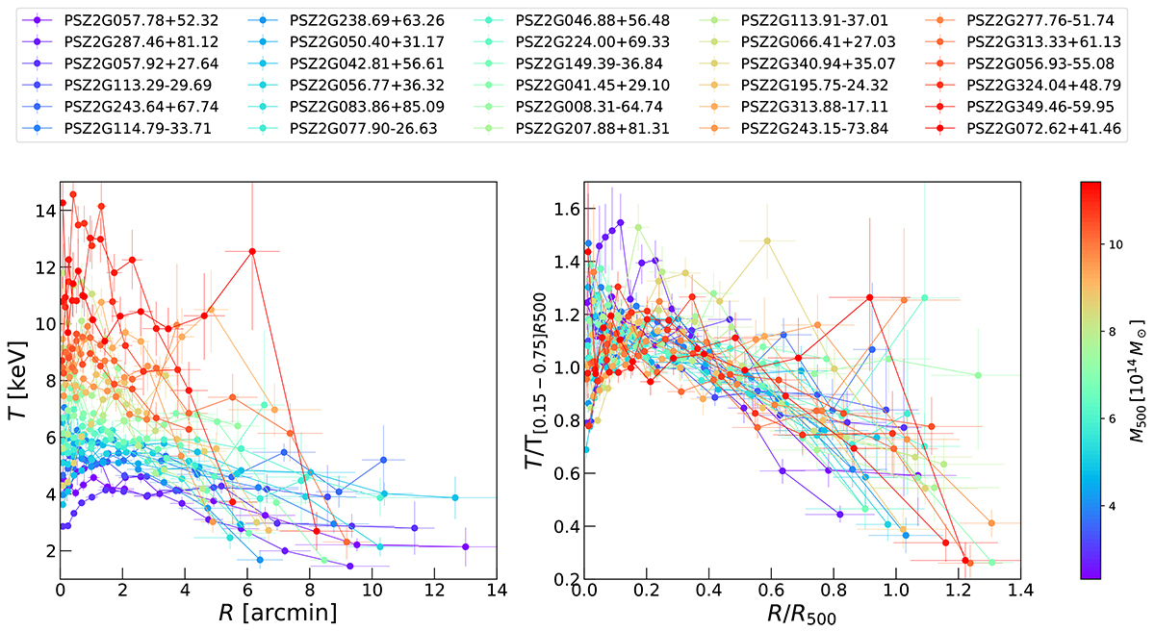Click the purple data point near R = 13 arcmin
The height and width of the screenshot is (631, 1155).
tap(465, 546)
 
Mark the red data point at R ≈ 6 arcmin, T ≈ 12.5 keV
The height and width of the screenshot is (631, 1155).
tap(252, 251)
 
